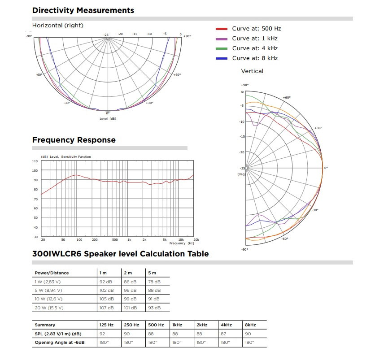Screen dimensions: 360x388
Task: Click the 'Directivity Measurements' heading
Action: [83, 10]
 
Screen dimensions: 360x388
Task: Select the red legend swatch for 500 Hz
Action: [222, 29]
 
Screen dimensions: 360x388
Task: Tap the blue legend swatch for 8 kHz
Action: [222, 59]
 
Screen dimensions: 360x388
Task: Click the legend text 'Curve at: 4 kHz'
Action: [254, 48]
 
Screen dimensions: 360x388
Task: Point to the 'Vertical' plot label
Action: [252, 71]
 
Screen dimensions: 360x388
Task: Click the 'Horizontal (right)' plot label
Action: [58, 26]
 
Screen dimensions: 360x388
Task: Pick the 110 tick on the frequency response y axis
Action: [35, 161]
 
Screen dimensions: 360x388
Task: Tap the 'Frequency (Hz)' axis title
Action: [178, 243]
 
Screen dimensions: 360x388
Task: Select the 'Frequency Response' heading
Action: [74, 140]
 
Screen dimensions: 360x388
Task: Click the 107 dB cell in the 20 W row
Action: [105, 308]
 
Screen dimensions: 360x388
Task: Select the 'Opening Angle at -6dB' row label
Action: [59, 343]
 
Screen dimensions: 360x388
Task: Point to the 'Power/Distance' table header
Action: [52, 273]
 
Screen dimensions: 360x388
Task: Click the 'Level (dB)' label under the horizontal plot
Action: [108, 119]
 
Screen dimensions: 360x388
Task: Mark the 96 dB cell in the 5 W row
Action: [130, 291]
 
